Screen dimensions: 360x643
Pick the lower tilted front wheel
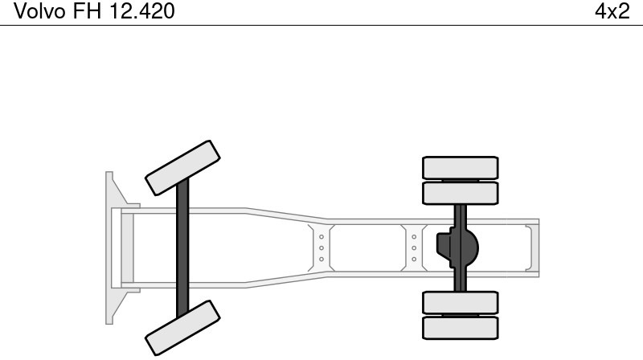pyautogui.click(x=182, y=329)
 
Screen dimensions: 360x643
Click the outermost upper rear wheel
pyautogui.click(x=461, y=167)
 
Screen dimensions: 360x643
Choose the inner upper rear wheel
pyautogui.click(x=461, y=193)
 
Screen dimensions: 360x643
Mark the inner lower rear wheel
pyautogui.click(x=461, y=302)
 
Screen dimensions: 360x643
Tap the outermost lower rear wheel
pyautogui.click(x=461, y=328)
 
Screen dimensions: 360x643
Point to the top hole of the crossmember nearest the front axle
pyautogui.click(x=321, y=236)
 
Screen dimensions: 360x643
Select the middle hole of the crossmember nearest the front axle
pyautogui.click(x=321, y=247)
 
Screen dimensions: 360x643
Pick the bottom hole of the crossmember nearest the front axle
pyautogui.click(x=321, y=259)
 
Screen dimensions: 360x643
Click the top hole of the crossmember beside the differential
pyautogui.click(x=414, y=236)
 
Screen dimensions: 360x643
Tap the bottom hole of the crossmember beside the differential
pyautogui.click(x=414, y=259)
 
